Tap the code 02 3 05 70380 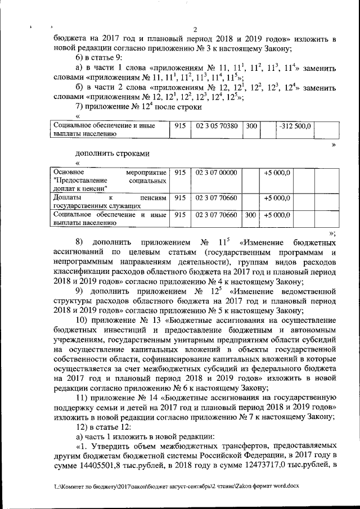click(217, 127)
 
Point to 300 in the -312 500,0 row click(251, 127)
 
